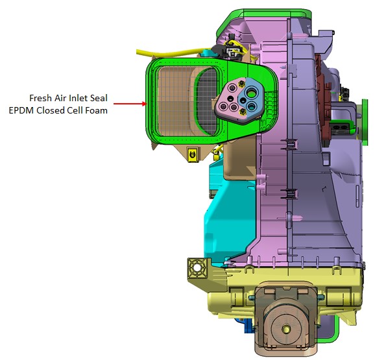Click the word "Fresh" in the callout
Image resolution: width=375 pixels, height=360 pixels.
click(40, 98)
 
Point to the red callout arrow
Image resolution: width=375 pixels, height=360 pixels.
click(130, 104)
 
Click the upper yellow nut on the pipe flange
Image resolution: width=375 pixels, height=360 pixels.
click(241, 84)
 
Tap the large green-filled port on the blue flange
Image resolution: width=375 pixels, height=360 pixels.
click(252, 92)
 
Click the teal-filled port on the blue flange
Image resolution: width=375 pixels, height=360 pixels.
click(252, 106)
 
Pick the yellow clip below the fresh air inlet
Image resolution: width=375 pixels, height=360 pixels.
click(192, 154)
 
